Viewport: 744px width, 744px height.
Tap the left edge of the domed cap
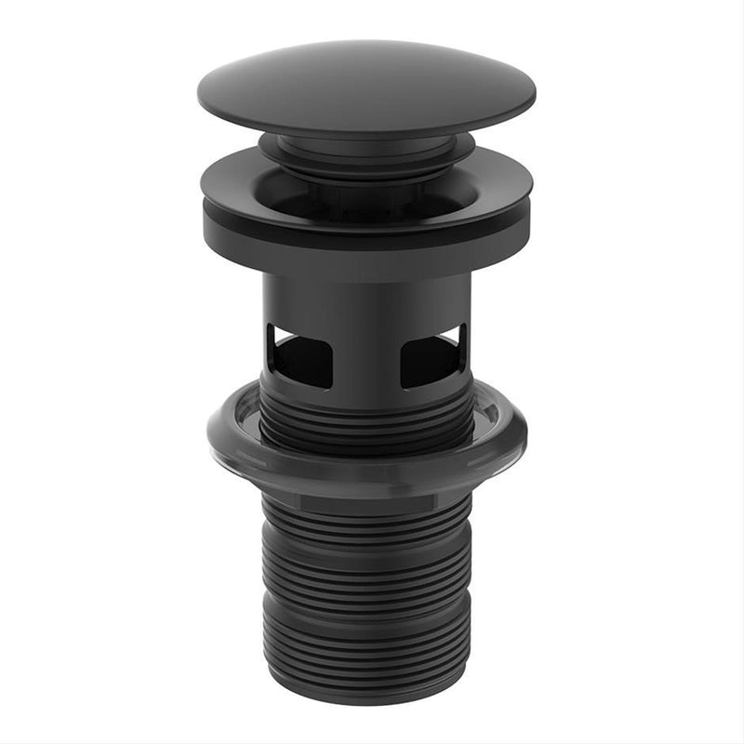tap(204, 93)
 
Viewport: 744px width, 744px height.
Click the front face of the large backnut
tap(366, 471)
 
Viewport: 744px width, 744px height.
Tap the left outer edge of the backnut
tap(211, 432)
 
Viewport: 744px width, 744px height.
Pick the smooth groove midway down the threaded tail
tap(366, 595)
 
